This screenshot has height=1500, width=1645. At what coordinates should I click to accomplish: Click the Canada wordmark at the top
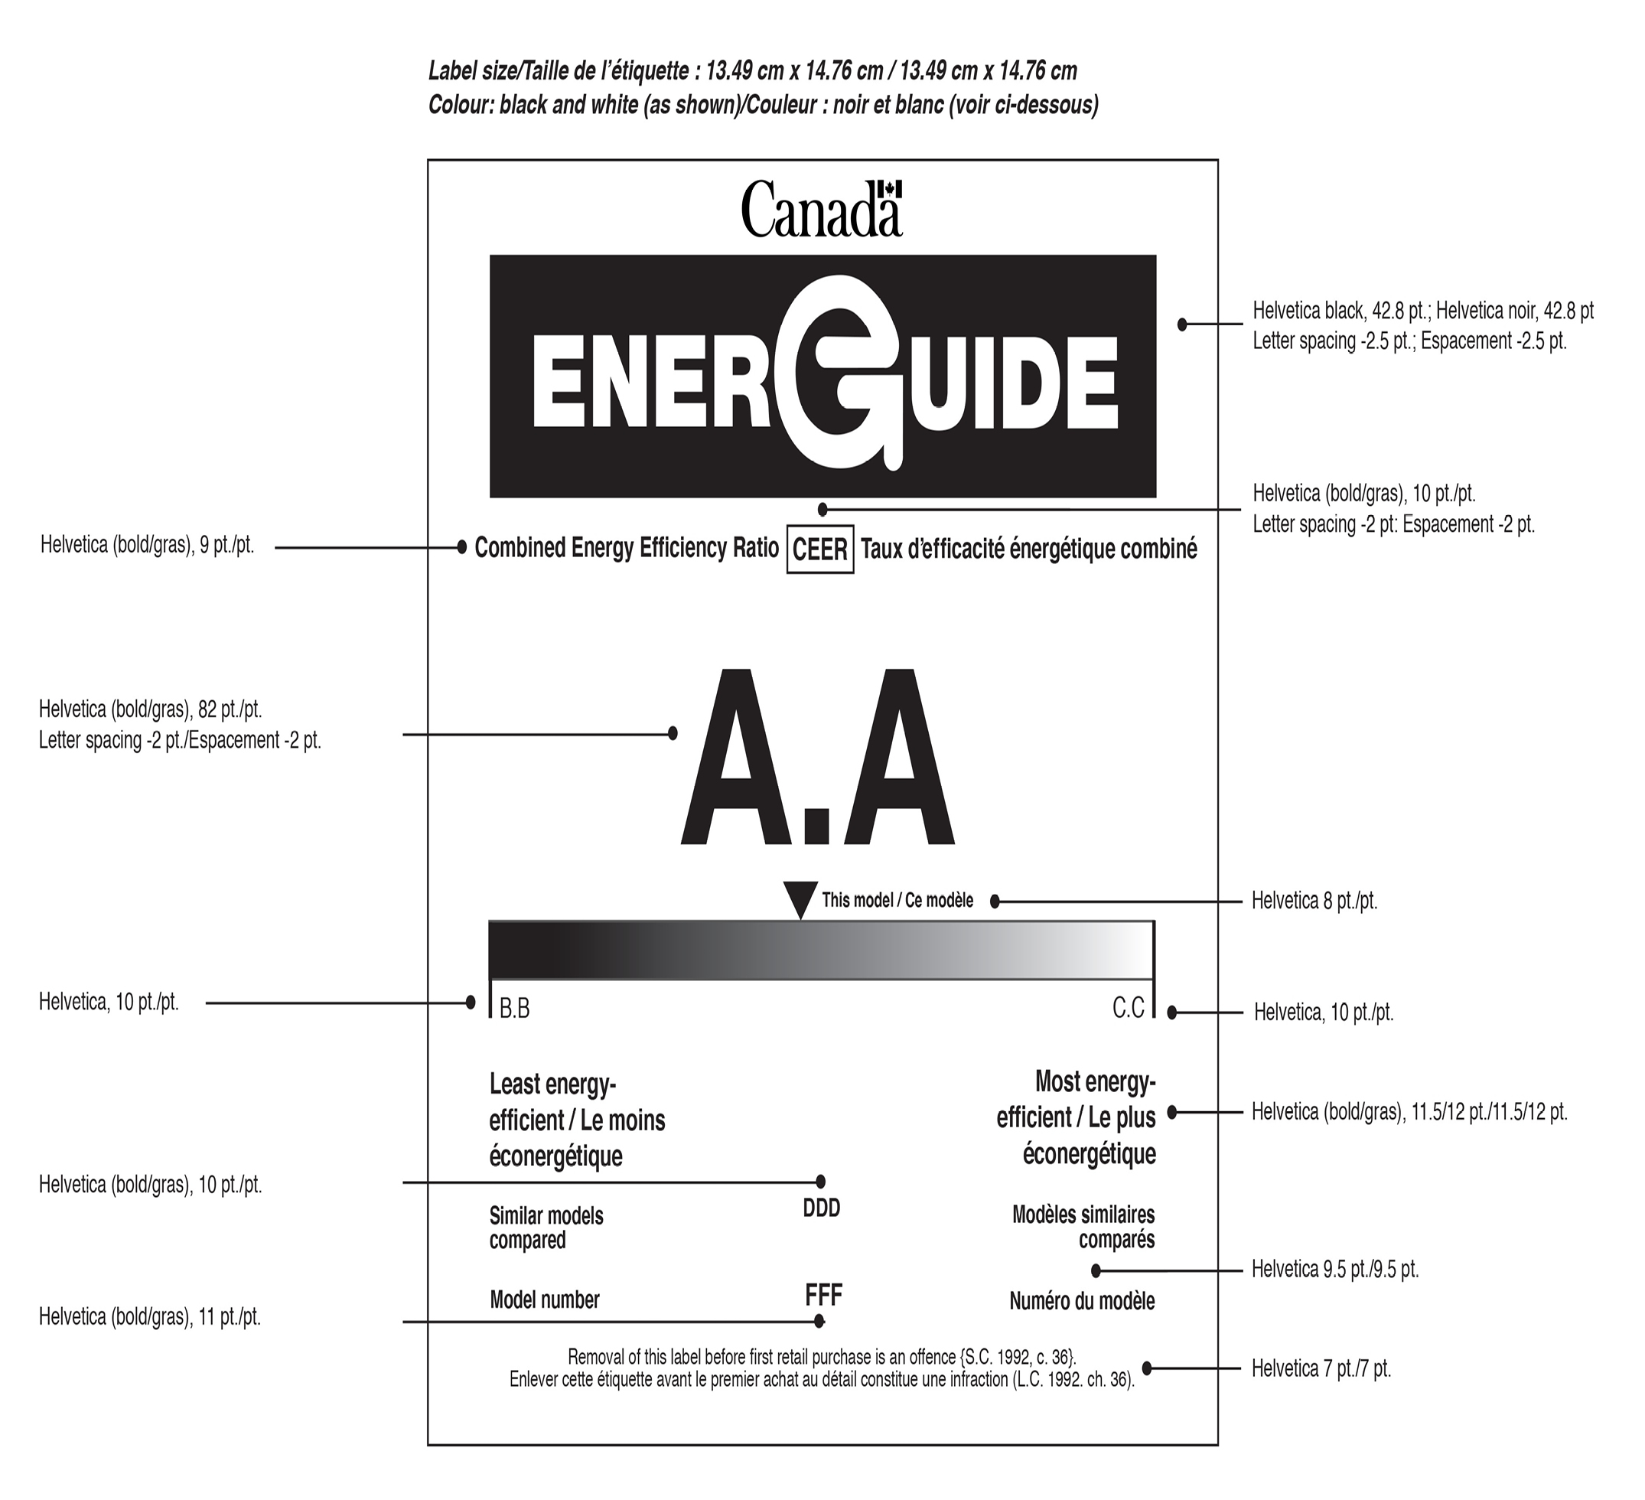pos(821,210)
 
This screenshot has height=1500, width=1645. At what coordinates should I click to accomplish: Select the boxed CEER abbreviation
pos(820,550)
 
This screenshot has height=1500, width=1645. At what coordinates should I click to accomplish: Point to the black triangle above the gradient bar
pos(800,898)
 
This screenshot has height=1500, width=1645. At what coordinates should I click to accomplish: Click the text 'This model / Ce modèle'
pos(897,900)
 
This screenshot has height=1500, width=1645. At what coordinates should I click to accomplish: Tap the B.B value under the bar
pos(515,1009)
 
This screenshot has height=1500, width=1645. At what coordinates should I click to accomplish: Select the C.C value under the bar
pos(1129,1008)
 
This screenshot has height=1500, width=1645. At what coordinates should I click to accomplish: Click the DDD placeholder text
pos(822,1208)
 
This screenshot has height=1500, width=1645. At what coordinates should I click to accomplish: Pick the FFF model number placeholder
pos(823,1294)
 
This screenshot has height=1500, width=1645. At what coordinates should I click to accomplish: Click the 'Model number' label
pos(544,1300)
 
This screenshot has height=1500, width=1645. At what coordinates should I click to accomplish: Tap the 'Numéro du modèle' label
pos(1082,1301)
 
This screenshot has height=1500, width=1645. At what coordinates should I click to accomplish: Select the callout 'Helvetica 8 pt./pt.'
pos(1314,901)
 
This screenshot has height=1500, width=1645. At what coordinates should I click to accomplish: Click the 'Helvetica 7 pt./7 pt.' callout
pos(1321,1368)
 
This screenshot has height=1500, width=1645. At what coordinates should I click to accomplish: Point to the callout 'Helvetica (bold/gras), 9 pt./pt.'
pos(148,545)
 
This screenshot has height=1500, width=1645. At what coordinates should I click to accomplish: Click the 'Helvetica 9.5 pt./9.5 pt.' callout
pos(1335,1270)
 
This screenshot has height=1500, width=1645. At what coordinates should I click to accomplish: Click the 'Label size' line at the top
pos(752,71)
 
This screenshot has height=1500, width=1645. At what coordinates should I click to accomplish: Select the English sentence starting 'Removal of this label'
pos(822,1357)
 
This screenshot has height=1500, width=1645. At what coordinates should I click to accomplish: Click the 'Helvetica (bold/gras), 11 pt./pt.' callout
pos(150,1317)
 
